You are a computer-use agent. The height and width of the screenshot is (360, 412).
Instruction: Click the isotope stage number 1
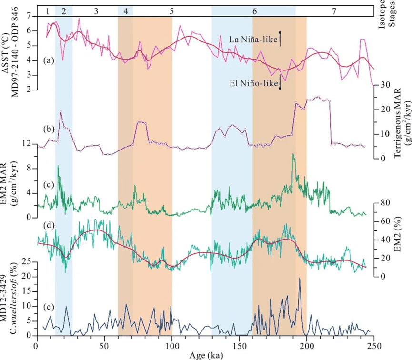[47, 10]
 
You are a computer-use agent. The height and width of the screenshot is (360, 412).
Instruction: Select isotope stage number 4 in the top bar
[125, 10]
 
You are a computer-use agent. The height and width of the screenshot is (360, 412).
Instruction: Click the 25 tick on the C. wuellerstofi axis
[29, 261]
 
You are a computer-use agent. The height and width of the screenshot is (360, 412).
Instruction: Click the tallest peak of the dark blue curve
[300, 278]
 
